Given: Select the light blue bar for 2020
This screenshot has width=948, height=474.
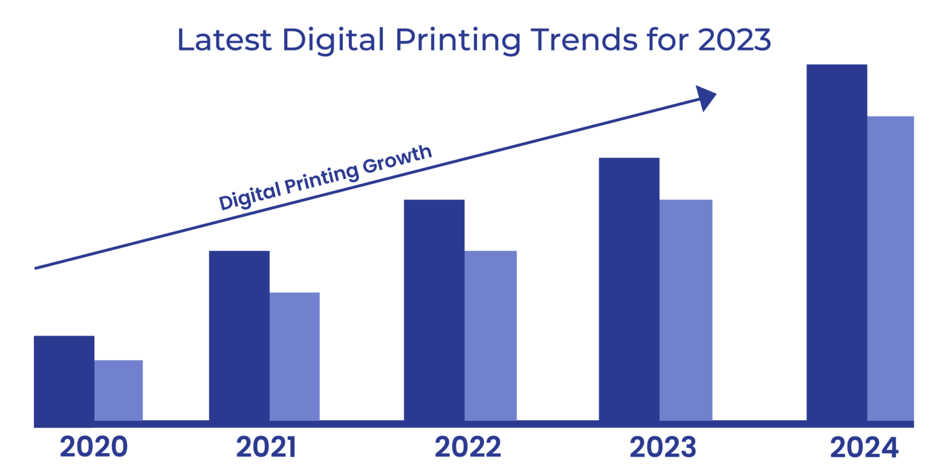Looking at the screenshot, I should pyautogui.click(x=118, y=390).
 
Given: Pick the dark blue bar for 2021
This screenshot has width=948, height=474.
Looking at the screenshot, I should pyautogui.click(x=239, y=336).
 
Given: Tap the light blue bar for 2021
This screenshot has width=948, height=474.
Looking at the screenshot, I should pyautogui.click(x=294, y=356).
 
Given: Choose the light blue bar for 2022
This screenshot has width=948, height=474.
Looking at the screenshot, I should pyautogui.click(x=490, y=336).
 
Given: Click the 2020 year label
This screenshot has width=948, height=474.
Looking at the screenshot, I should pyautogui.click(x=94, y=447).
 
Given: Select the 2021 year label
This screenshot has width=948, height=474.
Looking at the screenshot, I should pyautogui.click(x=266, y=447).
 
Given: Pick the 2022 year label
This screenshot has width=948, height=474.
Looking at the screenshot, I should pyautogui.click(x=468, y=447).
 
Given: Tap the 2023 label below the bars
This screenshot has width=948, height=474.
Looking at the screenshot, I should pyautogui.click(x=662, y=447).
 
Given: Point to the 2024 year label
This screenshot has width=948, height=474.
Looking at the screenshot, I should pyautogui.click(x=865, y=448).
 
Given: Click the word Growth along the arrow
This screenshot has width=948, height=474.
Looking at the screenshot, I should pyautogui.click(x=397, y=161).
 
